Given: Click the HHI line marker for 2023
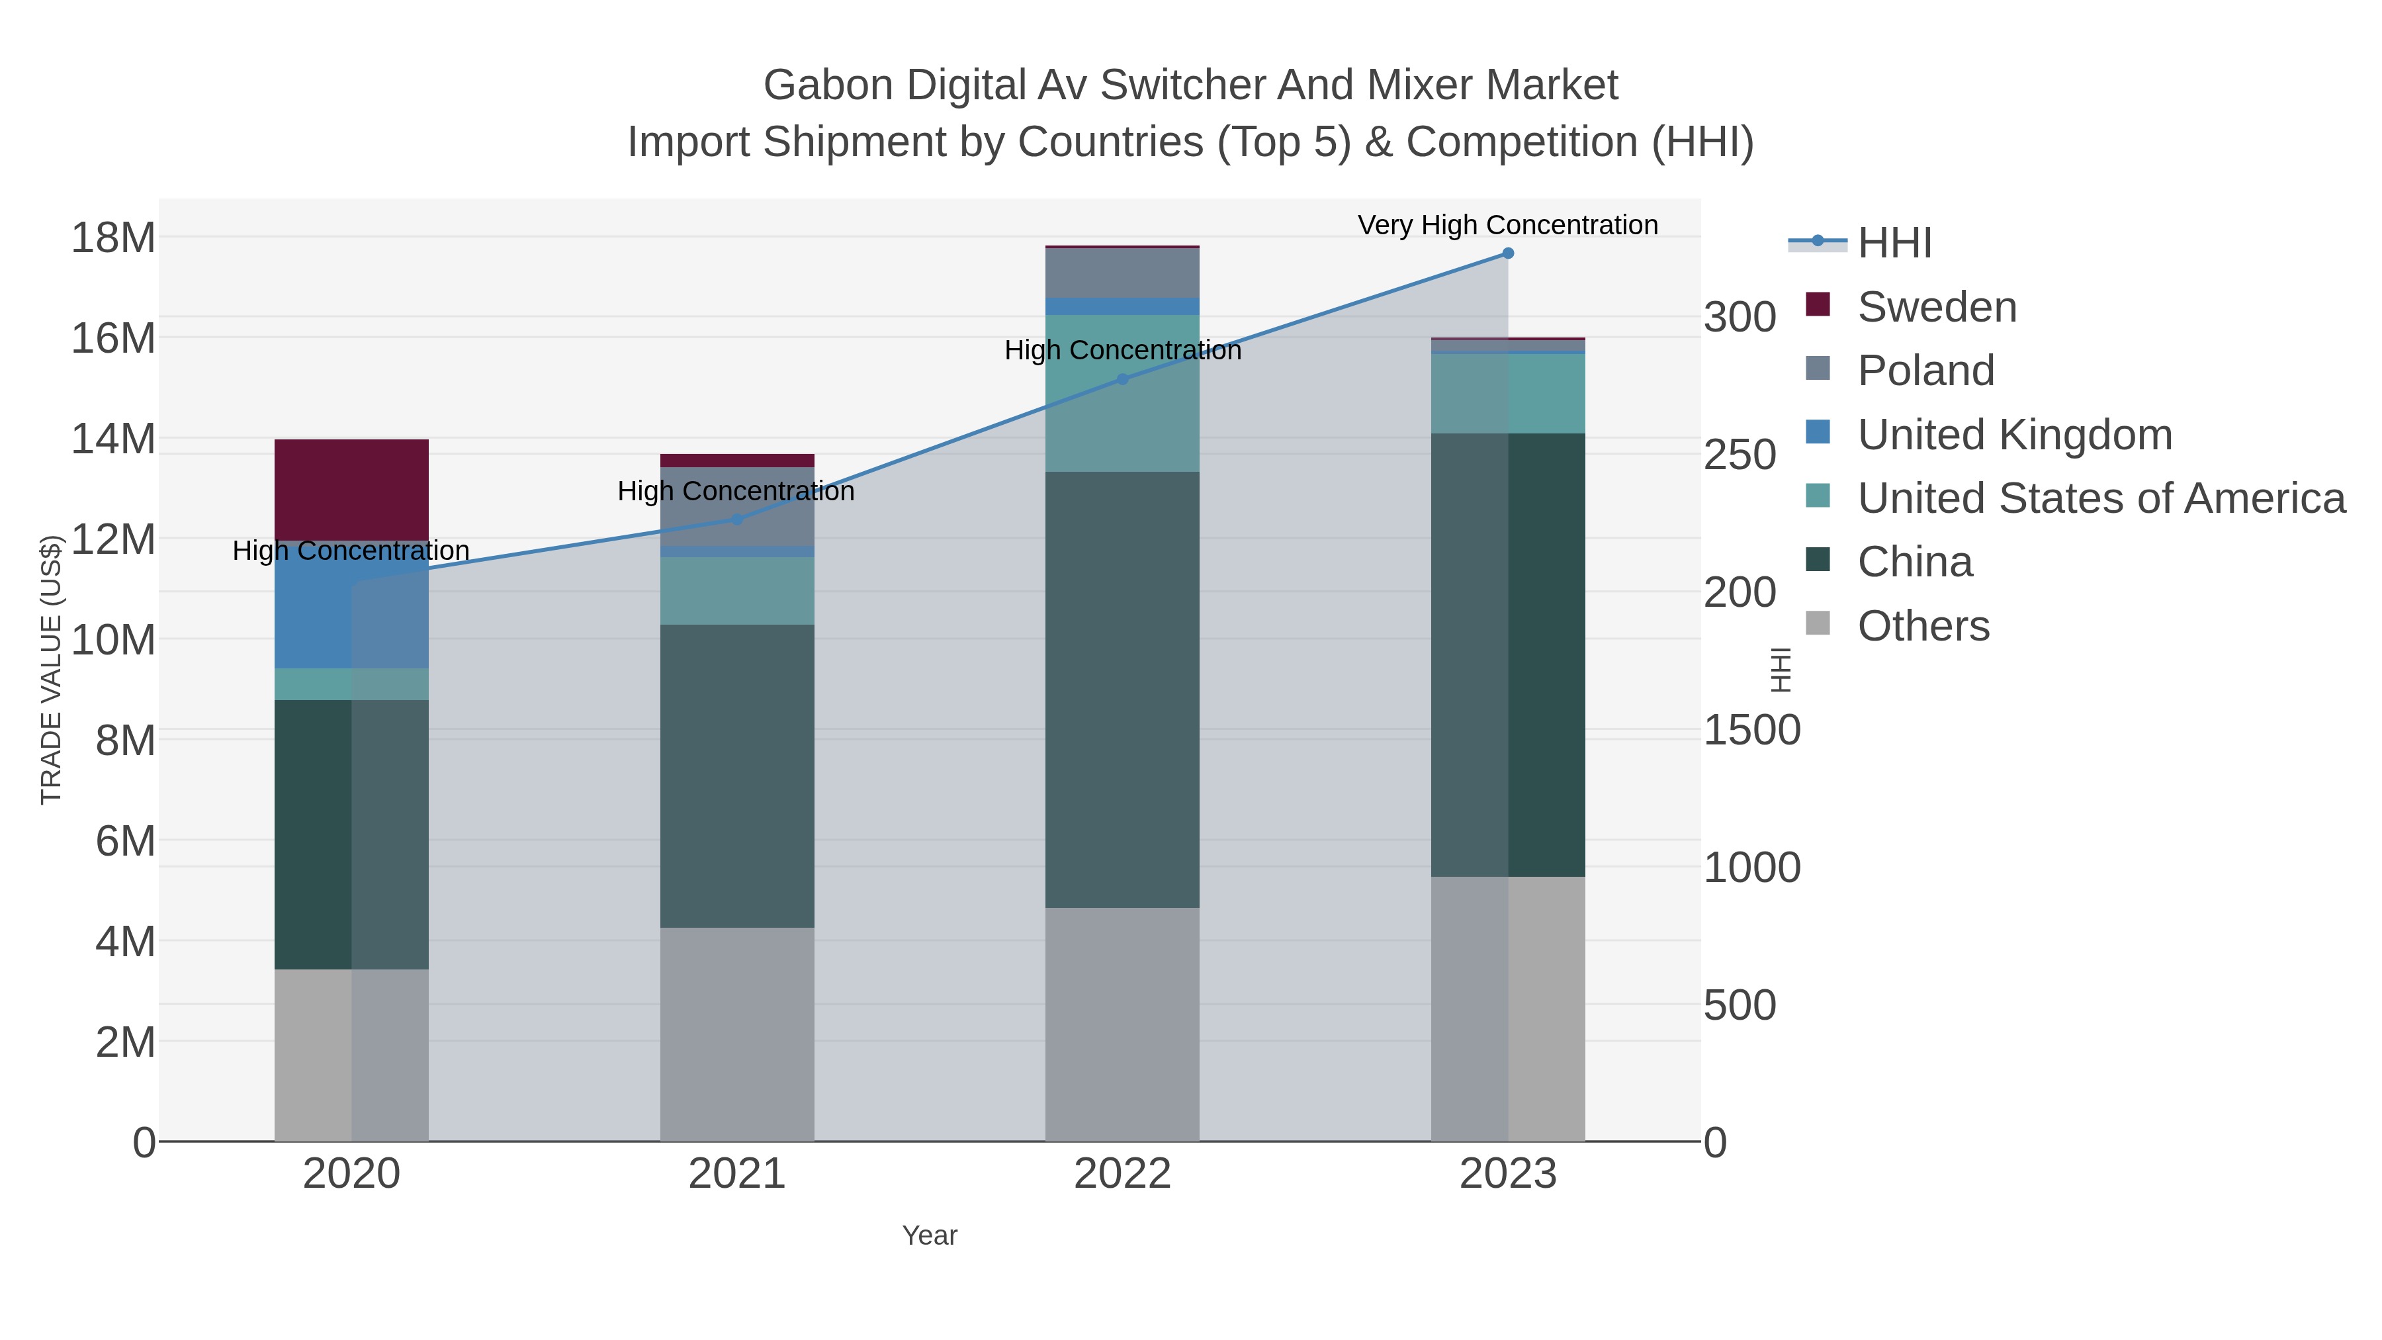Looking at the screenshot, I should pos(1507,253).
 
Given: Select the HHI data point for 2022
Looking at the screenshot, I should pos(1123,379).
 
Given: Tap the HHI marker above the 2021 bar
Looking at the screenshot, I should pos(737,519).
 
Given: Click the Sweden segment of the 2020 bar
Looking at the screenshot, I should pos(351,488).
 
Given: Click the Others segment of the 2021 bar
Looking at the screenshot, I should pos(737,1034).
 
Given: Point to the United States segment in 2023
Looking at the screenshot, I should pos(1507,393).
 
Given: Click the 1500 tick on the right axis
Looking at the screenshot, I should pos(1751,730).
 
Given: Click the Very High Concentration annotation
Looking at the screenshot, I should pos(1507,225).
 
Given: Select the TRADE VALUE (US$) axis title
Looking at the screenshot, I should pos(51,670).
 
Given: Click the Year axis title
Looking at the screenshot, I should pos(930,1235).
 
